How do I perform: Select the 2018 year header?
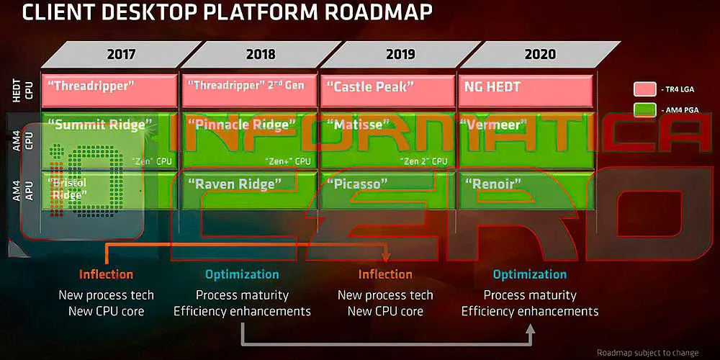[260, 54]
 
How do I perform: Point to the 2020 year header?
[540, 54]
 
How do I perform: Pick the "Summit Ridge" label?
[101, 124]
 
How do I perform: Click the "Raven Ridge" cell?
[231, 184]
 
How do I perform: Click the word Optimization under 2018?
[242, 274]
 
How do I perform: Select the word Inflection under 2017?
[106, 274]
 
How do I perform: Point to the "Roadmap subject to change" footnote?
[648, 352]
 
